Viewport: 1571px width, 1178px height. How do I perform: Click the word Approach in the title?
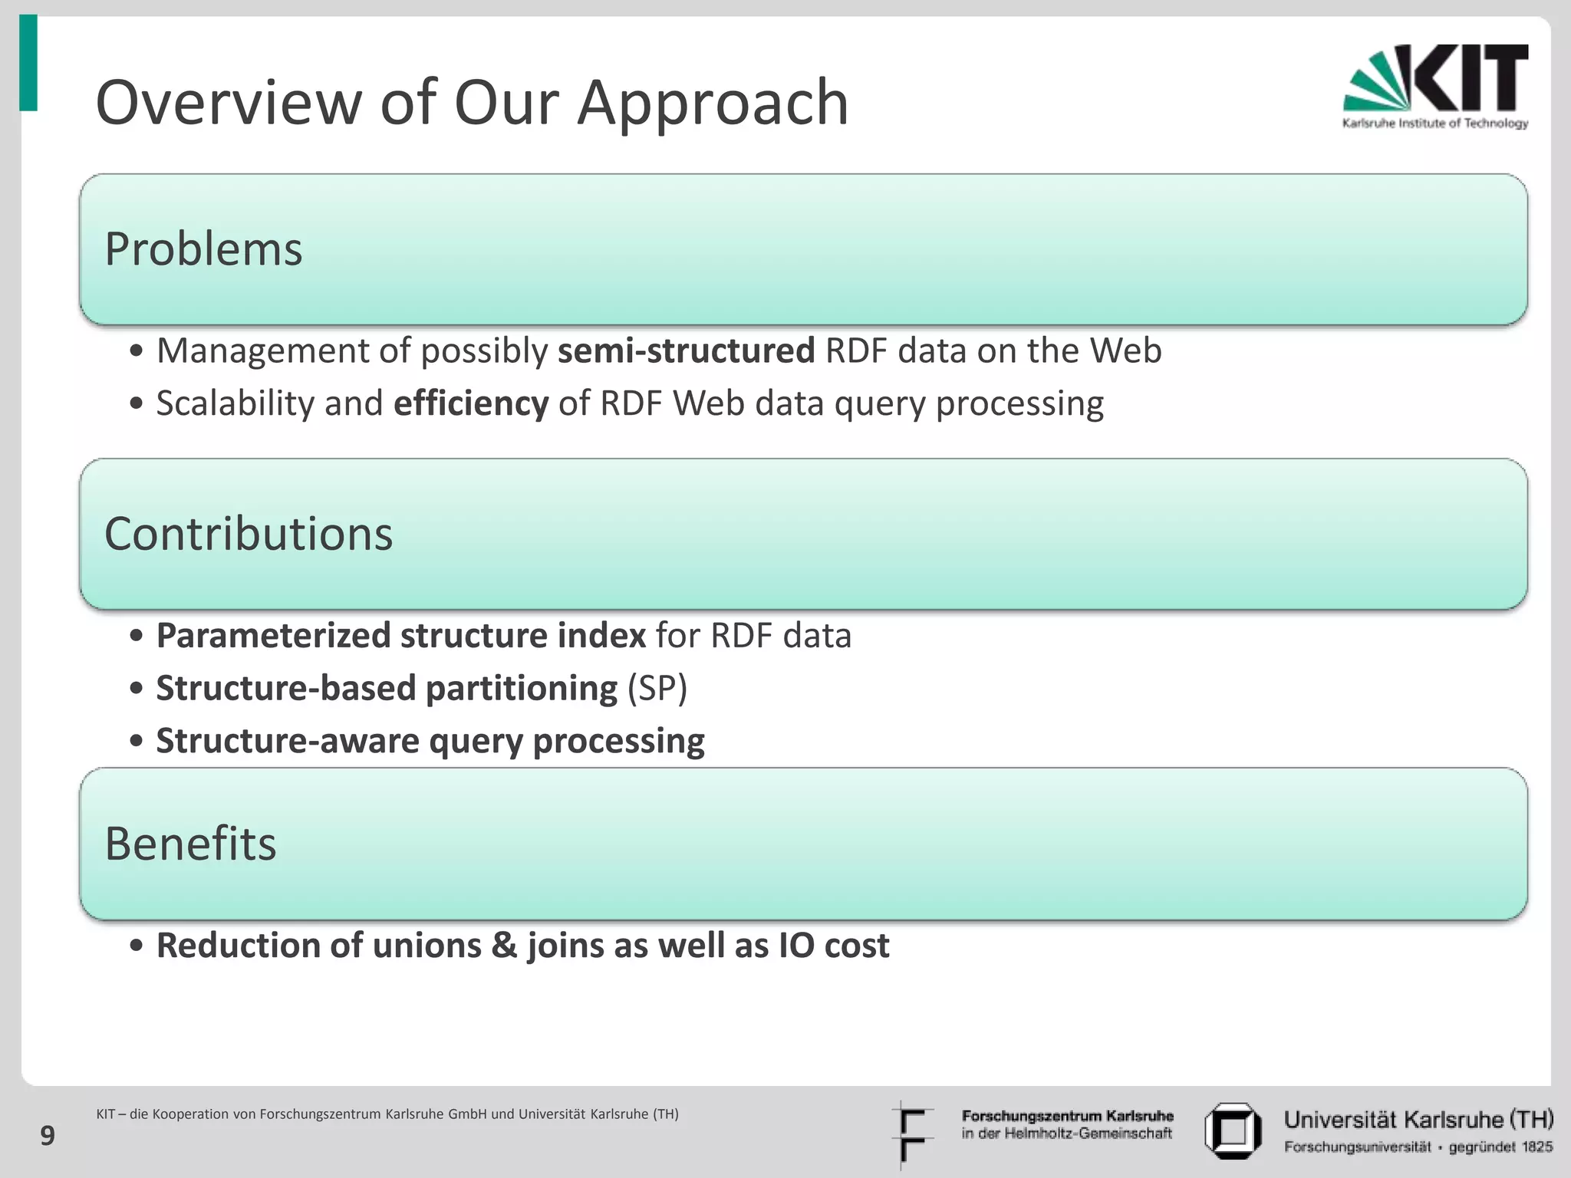[713, 103]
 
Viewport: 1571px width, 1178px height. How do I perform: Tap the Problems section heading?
[203, 249]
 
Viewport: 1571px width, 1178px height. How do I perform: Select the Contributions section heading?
[248, 534]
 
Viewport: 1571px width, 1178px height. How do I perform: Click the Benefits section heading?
[190, 844]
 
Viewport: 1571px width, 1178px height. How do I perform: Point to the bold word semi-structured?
[686, 351]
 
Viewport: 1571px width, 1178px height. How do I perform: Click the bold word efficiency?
[470, 403]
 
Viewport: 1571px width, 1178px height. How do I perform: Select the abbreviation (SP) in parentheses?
[657, 688]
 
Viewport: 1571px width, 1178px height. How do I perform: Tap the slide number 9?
[48, 1135]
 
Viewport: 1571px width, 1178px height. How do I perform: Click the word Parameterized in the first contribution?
[273, 636]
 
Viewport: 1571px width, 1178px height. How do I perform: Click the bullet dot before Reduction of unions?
[137, 946]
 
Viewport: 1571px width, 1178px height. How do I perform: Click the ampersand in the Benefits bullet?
[504, 946]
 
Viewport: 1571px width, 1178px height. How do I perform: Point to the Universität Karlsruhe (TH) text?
[1418, 1120]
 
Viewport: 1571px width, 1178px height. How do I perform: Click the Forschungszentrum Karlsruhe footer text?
[1067, 1116]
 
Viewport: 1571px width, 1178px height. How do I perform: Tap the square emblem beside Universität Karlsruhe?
[1233, 1130]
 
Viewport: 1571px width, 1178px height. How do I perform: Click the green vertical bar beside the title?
[28, 63]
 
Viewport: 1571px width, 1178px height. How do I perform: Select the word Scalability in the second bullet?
[235, 403]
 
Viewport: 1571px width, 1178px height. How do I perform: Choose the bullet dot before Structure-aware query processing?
[137, 742]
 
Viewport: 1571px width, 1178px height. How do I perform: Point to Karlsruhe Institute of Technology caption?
[1434, 123]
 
